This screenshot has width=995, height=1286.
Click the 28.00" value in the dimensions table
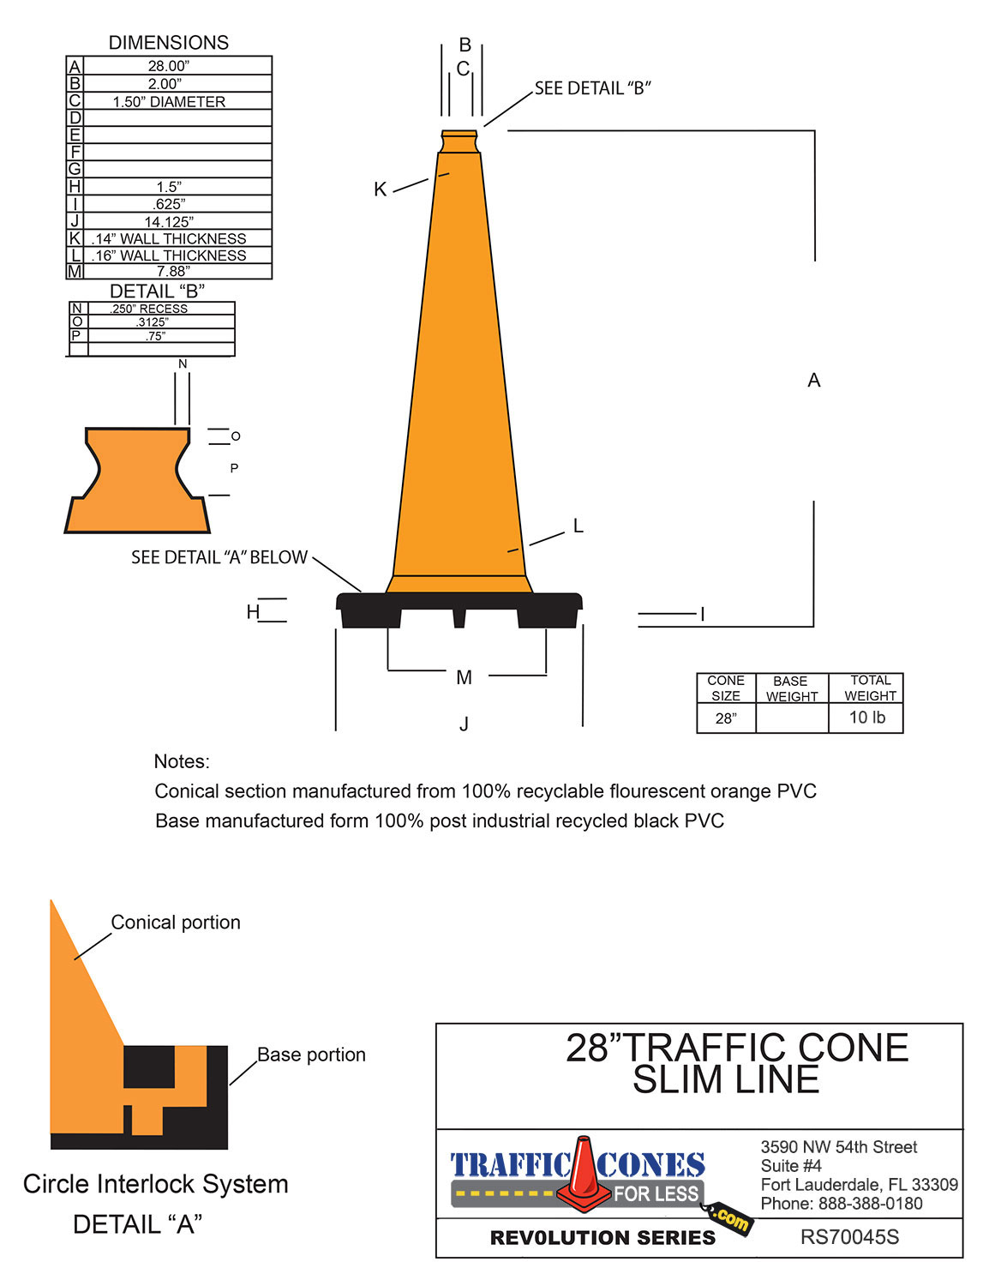coord(169,66)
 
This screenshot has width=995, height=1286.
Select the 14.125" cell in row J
coord(169,221)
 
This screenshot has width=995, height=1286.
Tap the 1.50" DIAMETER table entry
coord(169,101)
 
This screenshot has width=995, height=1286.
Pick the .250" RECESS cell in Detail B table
coord(149,309)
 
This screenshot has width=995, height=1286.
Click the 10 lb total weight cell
coord(866,718)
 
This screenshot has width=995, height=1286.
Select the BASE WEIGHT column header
coord(791,688)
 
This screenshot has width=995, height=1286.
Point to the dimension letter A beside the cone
coord(814,380)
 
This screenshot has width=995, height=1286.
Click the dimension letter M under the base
coord(465,677)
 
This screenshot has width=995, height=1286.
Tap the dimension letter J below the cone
coord(464,724)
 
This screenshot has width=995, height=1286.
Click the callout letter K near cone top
coord(381,189)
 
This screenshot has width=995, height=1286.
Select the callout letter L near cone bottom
coord(578,526)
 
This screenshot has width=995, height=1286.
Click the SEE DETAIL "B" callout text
coord(593,88)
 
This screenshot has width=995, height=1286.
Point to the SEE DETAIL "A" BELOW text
coord(219,557)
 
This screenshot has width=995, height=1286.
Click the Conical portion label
coord(176,922)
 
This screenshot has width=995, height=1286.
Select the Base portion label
coord(311,1055)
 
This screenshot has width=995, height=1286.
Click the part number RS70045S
coord(849,1237)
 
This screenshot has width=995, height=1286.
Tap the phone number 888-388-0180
coord(870,1203)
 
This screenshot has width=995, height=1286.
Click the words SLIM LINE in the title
coord(726,1080)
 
